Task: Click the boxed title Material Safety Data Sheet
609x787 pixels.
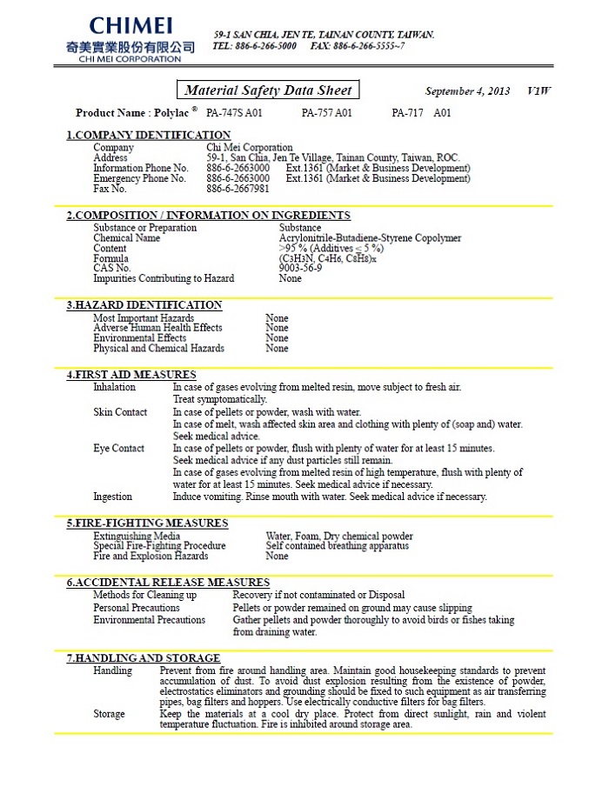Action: (269, 90)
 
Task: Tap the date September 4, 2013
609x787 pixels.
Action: (467, 91)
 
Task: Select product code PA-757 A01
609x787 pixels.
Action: (327, 113)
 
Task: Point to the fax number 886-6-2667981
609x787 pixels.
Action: (238, 189)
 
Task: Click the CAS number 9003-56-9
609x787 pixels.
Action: (300, 268)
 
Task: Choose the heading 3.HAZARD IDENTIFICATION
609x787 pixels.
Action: (144, 305)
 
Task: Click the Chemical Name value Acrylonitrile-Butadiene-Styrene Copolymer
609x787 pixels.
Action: (370, 237)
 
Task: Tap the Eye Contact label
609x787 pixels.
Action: (119, 449)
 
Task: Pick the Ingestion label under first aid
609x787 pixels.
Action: (113, 497)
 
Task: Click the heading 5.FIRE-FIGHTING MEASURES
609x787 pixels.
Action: (148, 524)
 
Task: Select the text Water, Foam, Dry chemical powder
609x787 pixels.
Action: (339, 537)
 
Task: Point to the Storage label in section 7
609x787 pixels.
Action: (109, 714)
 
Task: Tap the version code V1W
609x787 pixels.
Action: (539, 91)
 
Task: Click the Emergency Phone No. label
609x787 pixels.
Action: (139, 178)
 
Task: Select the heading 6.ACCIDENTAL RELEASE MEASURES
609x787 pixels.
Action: (168, 583)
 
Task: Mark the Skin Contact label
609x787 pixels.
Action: (120, 412)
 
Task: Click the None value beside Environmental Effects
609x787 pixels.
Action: (277, 338)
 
